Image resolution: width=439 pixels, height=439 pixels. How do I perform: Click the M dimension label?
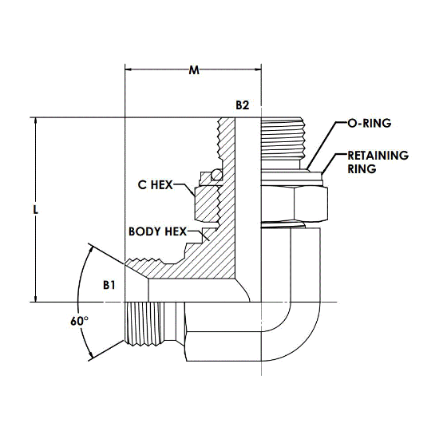point(194,69)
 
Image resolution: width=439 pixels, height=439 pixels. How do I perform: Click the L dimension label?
point(36,209)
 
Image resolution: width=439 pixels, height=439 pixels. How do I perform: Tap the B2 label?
point(242,105)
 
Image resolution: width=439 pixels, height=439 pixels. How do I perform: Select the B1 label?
point(109,285)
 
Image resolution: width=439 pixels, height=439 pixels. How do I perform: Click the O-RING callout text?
point(370,123)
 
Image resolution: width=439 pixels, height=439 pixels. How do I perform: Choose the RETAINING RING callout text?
point(378,162)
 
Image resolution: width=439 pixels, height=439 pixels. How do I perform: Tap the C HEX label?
point(156,185)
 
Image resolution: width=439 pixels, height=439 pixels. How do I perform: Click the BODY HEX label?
point(157,231)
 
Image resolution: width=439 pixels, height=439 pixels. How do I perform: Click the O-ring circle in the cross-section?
point(216,175)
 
